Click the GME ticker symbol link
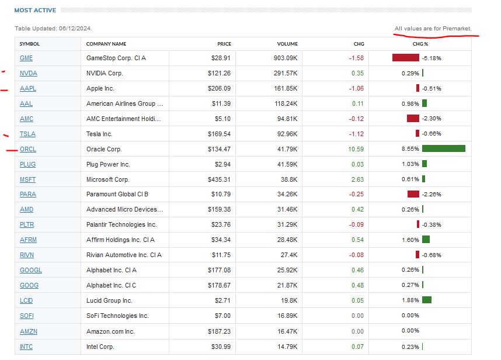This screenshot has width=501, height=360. tap(26, 58)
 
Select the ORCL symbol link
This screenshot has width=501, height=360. tap(28, 149)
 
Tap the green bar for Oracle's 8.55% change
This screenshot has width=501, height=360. tap(443, 149)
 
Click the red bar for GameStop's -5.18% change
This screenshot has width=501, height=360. tap(405, 58)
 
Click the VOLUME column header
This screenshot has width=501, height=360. tap(287, 44)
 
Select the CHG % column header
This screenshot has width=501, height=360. tap(420, 44)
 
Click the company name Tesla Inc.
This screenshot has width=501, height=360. tap(100, 134)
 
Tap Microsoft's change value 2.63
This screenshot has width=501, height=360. tap(357, 179)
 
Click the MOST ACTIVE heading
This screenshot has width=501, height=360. tap(35, 10)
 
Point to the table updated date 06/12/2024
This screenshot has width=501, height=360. tap(75, 29)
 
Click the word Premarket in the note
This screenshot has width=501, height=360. tap(457, 29)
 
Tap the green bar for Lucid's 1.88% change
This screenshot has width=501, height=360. tap(426, 300)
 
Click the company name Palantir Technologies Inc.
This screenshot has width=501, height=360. tap(121, 225)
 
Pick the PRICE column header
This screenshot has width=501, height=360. tap(224, 44)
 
